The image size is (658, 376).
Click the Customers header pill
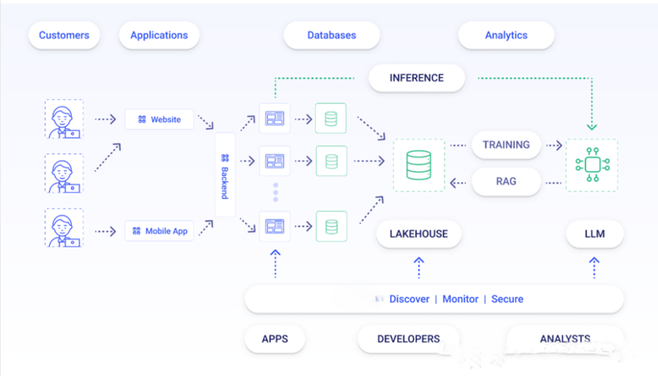coord(64,35)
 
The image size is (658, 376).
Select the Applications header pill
coord(159,35)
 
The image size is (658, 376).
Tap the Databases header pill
coord(331,35)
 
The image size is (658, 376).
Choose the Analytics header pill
coord(506,35)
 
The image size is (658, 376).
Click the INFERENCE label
coord(417,78)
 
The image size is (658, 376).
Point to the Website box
coord(160,119)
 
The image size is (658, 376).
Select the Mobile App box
coord(160,231)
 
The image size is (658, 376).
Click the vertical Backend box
coord(225,175)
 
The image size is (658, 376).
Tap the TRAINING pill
coord(506,145)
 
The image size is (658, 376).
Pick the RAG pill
coord(506,181)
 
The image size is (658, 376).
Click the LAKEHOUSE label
coord(419,234)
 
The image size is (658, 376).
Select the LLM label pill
coord(595,234)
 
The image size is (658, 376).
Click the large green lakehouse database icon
coord(419,165)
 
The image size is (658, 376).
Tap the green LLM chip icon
coord(593,165)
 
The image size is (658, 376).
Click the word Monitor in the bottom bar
coord(461,299)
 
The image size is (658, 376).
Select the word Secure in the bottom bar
coord(508,299)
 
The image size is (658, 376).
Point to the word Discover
coord(409,299)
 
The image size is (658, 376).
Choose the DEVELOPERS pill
coord(408,339)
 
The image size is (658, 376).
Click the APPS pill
coord(275,339)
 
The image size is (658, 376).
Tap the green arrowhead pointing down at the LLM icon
coord(592,127)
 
